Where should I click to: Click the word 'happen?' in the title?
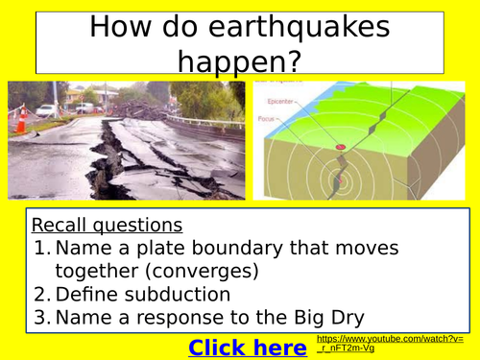click(239, 63)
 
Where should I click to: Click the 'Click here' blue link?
click(248, 347)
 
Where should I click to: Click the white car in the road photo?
click(47, 111)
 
